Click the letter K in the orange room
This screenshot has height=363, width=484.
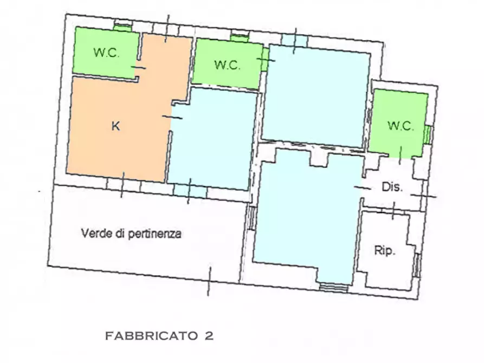pyautogui.click(x=115, y=127)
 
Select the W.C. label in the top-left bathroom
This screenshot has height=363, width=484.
pyautogui.click(x=106, y=53)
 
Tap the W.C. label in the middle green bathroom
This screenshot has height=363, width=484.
pyautogui.click(x=227, y=65)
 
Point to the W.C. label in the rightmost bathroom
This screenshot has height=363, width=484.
pyautogui.click(x=401, y=126)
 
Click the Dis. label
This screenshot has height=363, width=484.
pyautogui.click(x=392, y=187)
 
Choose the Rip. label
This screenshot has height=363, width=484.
pyautogui.click(x=385, y=250)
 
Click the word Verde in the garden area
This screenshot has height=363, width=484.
pyautogui.click(x=93, y=234)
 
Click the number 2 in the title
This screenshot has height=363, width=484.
pyautogui.click(x=209, y=336)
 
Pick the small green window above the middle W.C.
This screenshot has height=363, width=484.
pyautogui.click(x=238, y=37)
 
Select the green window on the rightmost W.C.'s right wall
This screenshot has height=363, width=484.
pyautogui.click(x=427, y=134)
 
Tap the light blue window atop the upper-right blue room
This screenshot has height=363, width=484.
pyautogui.click(x=294, y=40)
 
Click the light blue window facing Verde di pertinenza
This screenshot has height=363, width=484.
pyautogui.click(x=190, y=191)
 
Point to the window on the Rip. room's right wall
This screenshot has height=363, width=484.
pyautogui.click(x=417, y=265)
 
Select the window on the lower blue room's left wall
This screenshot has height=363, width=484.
pyautogui.click(x=250, y=217)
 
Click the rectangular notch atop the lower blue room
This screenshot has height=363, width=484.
pyautogui.click(x=319, y=158)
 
